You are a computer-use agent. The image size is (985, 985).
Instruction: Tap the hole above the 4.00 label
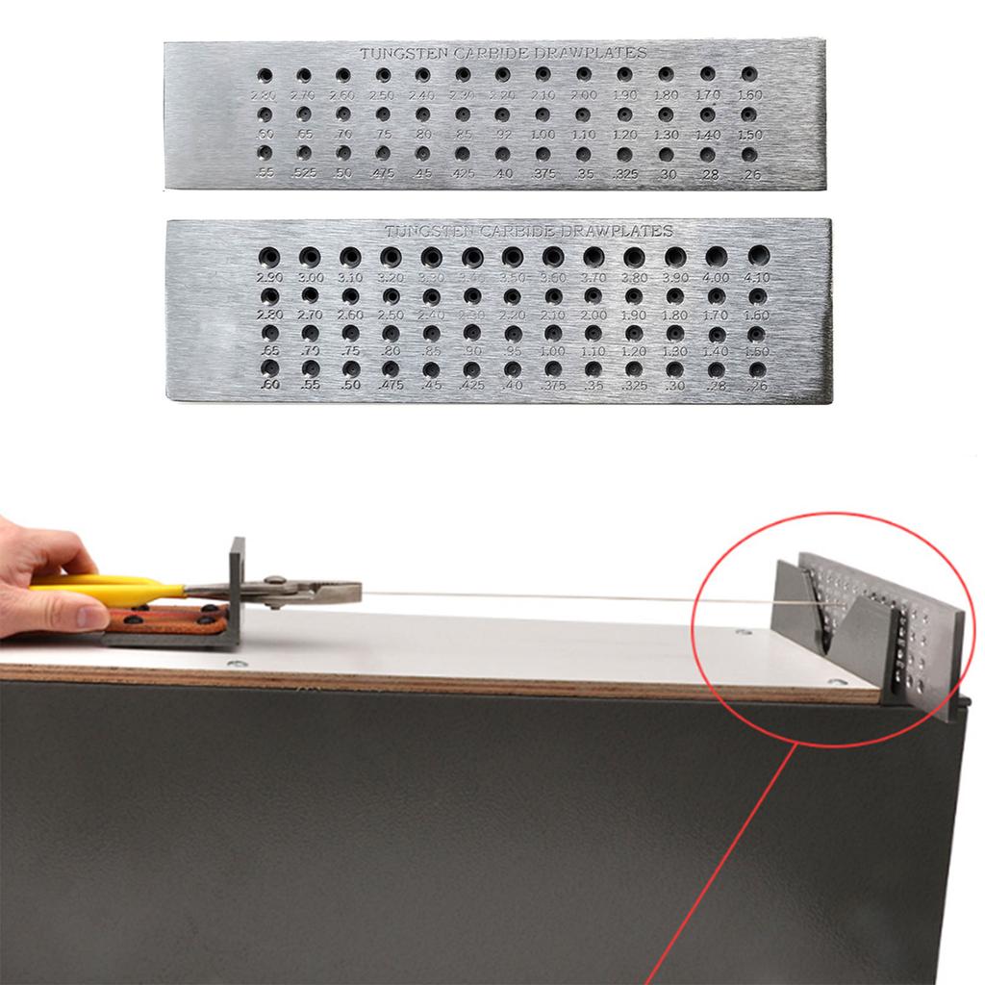click(717, 256)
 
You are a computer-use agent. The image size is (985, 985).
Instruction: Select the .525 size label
click(303, 173)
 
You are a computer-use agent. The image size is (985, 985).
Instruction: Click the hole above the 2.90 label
click(269, 256)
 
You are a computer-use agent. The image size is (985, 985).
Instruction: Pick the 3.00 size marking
click(309, 278)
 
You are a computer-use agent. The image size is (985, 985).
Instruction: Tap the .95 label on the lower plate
click(512, 352)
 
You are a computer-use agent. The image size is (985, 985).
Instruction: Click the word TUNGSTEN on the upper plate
click(394, 54)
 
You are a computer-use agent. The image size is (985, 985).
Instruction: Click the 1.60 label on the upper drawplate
click(749, 95)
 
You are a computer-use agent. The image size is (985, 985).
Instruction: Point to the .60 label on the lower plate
click(269, 386)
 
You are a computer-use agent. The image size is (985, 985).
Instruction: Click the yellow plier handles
click(106, 586)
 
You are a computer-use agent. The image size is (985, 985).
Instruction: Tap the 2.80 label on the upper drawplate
click(263, 95)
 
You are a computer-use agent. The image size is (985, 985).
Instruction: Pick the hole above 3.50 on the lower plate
click(513, 256)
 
